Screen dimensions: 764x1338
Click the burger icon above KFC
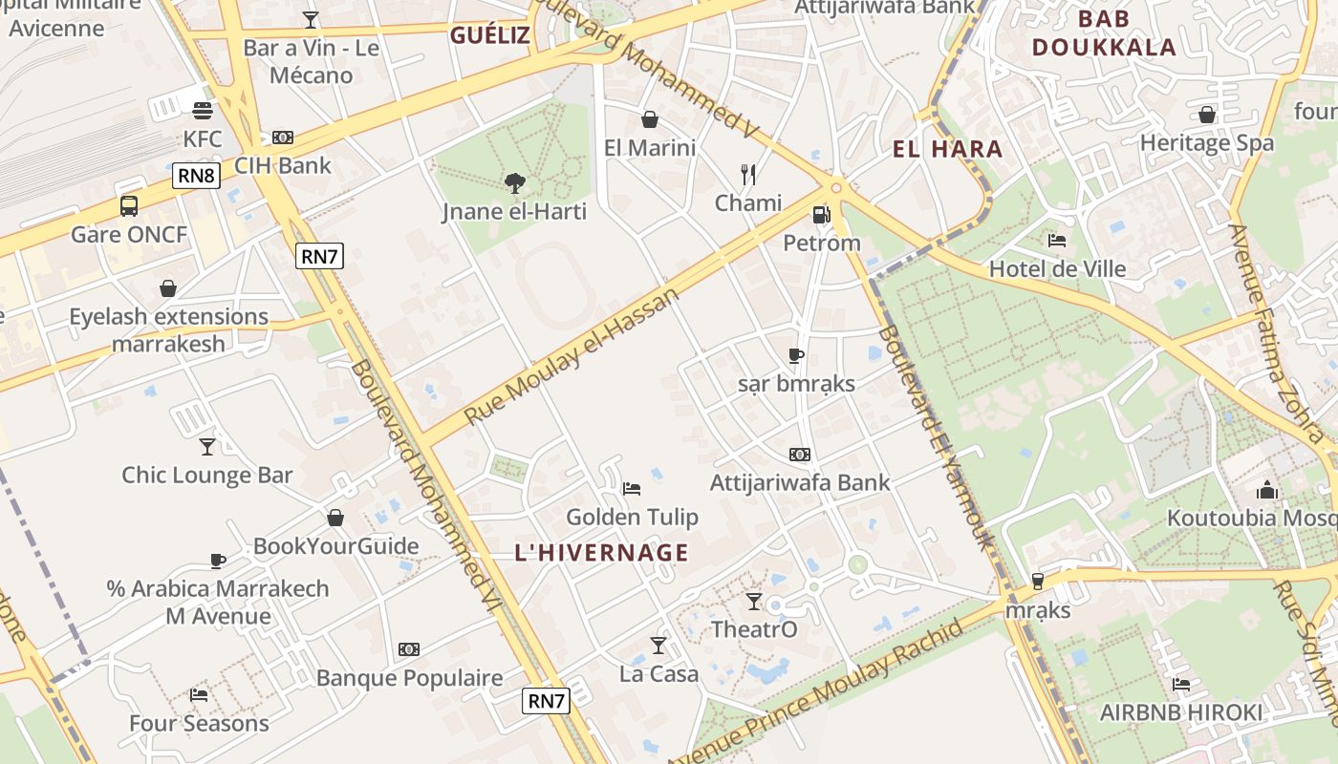pyautogui.click(x=202, y=111)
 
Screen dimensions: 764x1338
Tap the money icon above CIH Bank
pyautogui.click(x=283, y=138)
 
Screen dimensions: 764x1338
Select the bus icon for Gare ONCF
pyautogui.click(x=129, y=205)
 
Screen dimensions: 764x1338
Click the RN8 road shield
pyautogui.click(x=197, y=176)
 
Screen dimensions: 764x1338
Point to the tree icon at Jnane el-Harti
pyautogui.click(x=514, y=182)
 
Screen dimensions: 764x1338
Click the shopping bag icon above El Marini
pyautogui.click(x=650, y=119)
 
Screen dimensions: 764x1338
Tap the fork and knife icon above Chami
pyautogui.click(x=748, y=175)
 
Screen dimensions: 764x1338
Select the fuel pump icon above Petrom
pyautogui.click(x=821, y=215)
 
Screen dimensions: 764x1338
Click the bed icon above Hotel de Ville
pyautogui.click(x=1057, y=241)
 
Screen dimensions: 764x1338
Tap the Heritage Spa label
pyautogui.click(x=1206, y=143)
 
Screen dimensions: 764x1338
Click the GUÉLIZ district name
pyautogui.click(x=489, y=36)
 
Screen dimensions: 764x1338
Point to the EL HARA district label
pyautogui.click(x=947, y=149)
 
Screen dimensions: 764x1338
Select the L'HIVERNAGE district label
pyautogui.click(x=601, y=552)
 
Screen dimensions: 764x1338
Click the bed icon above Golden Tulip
pyautogui.click(x=632, y=489)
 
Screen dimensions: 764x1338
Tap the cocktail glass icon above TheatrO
pyautogui.click(x=754, y=601)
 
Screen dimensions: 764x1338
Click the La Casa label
pyautogui.click(x=658, y=674)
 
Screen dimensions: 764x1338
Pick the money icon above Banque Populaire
pyautogui.click(x=409, y=649)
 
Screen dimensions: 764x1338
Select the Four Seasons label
pyautogui.click(x=199, y=723)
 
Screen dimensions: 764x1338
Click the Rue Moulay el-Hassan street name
pyautogui.click(x=572, y=356)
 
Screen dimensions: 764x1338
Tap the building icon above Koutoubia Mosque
pyautogui.click(x=1267, y=490)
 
